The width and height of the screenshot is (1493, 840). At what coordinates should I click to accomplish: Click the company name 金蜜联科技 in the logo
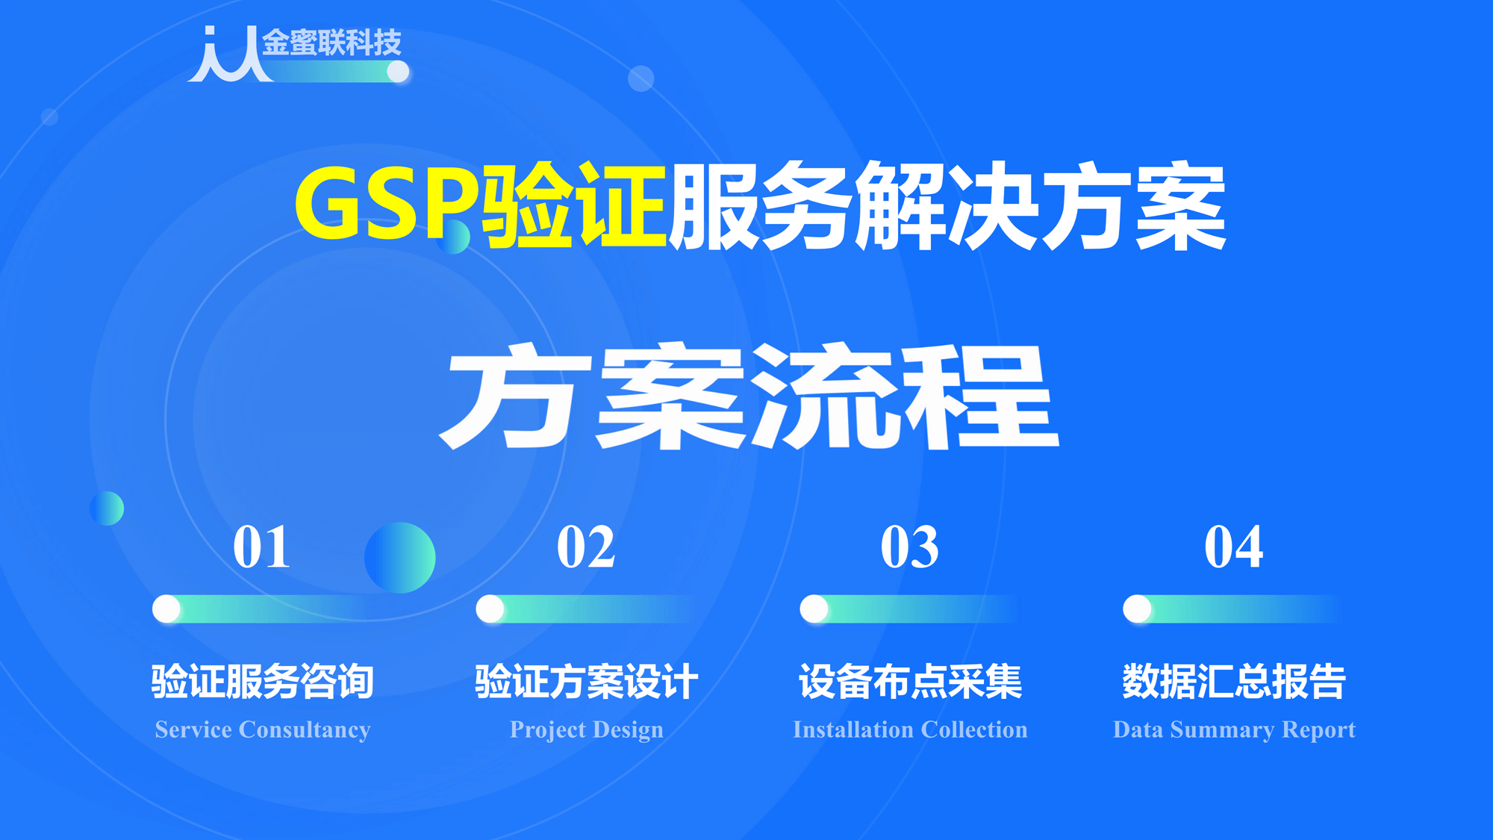click(x=331, y=43)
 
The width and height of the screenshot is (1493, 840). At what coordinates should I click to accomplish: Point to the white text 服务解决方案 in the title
click(x=947, y=206)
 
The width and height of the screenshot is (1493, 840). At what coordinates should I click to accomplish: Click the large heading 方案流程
click(x=749, y=396)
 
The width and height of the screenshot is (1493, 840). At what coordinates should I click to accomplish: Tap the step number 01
click(x=261, y=547)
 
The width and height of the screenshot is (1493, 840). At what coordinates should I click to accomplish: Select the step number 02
click(x=586, y=547)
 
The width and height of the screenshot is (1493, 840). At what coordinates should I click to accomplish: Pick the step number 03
click(x=909, y=547)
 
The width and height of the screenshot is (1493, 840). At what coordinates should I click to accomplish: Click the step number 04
click(x=1233, y=547)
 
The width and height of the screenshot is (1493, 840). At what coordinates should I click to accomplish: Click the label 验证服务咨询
click(x=262, y=681)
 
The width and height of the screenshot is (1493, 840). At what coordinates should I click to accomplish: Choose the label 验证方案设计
click(x=586, y=681)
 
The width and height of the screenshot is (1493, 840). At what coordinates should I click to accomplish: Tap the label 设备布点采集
click(x=910, y=681)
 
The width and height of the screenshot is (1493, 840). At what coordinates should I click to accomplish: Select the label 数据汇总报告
click(x=1234, y=681)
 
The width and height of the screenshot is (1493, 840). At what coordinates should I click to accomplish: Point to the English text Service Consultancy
click(x=262, y=729)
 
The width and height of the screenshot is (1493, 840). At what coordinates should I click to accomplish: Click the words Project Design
click(x=586, y=729)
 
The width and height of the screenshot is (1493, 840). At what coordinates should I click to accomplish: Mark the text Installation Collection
click(x=910, y=729)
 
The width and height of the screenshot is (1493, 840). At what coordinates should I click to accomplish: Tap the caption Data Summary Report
click(x=1234, y=729)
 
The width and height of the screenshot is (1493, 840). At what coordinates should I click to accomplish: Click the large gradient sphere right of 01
click(x=400, y=558)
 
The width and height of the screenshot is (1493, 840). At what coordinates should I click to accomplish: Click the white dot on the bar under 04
click(x=1137, y=609)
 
